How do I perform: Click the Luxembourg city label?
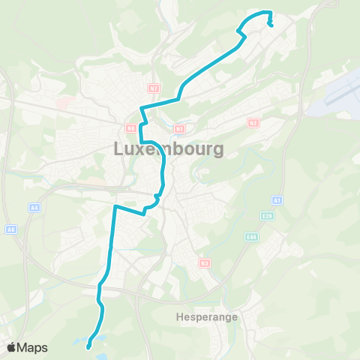tap(169, 149)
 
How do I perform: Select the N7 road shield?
tap(154, 88)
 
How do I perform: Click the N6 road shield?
tap(130, 128)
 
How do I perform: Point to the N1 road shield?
tap(178, 128)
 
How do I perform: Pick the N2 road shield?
tap(253, 122)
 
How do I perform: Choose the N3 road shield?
tap(204, 263)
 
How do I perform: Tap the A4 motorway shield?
tap(34, 207)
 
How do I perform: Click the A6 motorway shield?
tap(10, 229)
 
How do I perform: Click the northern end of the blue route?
tap(270, 25)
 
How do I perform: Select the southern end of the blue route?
tap(88, 346)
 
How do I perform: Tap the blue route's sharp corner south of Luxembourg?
tap(115, 205)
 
